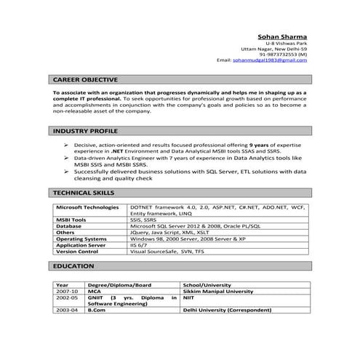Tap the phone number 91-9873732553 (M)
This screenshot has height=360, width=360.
pos(284,55)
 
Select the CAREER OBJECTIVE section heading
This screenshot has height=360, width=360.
pos(86,79)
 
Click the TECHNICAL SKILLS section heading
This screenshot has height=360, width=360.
pos(84,193)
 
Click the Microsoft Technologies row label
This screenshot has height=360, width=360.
pos(87,207)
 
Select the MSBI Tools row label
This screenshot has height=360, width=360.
pos(71,220)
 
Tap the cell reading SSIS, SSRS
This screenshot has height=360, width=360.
pos(143,220)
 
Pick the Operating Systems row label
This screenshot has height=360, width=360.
pos(81,239)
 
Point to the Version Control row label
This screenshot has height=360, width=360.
pos(77,252)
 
